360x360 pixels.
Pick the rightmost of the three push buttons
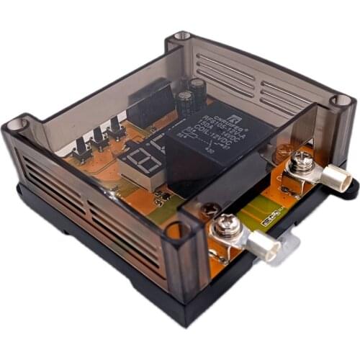point(114,129)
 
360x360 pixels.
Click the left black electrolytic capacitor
point(184,104)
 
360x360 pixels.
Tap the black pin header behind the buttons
point(151,104)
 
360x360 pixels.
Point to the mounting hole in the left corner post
point(15,124)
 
